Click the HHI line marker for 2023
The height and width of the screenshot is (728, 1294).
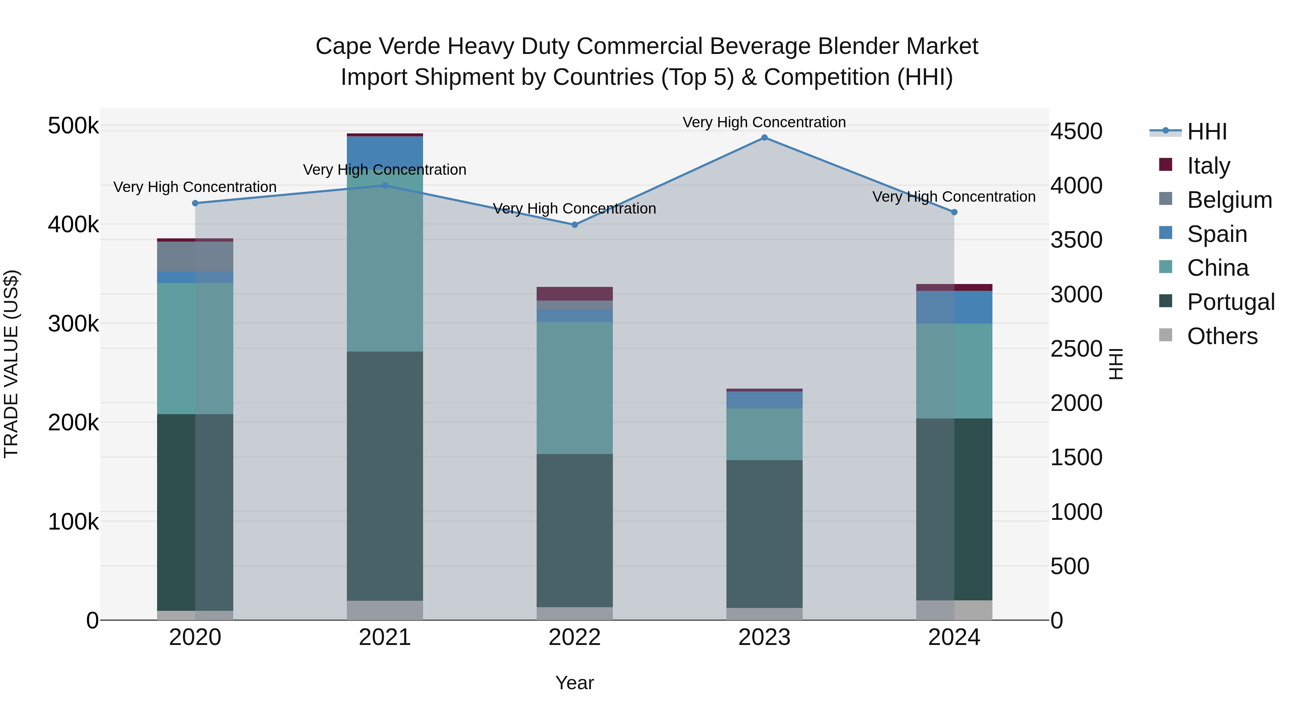coord(764,138)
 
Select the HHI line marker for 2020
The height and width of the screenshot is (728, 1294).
coord(196,203)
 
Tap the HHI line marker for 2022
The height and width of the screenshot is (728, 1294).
coord(575,225)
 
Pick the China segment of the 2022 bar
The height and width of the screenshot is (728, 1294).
coord(575,388)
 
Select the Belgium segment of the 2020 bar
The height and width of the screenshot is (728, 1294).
coord(196,256)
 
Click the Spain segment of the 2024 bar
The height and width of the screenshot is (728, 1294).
coord(954,307)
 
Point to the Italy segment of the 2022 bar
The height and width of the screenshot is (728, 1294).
coord(575,293)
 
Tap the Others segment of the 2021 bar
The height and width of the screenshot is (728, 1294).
coord(385,610)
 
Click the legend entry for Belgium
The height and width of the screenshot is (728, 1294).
coord(1229,200)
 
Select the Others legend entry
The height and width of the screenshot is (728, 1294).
coord(1222,336)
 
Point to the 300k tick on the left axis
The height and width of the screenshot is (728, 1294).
coord(73,324)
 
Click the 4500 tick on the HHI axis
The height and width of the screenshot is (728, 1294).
coord(1076,132)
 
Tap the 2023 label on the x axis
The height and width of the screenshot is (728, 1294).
coord(764,637)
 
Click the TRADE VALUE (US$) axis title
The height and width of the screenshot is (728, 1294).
coord(11,364)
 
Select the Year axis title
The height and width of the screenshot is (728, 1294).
coord(575,683)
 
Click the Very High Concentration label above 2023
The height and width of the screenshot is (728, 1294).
coord(764,122)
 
